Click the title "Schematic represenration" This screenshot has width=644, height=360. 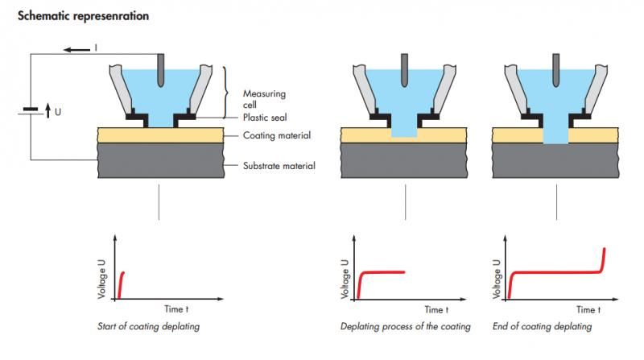pos(83,16)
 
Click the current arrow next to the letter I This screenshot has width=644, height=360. pos(76,50)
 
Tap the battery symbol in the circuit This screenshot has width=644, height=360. pos(31,111)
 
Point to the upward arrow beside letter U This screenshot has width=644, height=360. pos(48,110)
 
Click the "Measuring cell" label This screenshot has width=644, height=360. pos(264,99)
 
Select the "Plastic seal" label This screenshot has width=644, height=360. pos(265,118)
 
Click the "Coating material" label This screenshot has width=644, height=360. pos(277,135)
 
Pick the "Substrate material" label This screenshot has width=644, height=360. pos(279,166)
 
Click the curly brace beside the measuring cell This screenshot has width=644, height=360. pos(226,93)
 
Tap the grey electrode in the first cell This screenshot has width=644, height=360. pos(160,70)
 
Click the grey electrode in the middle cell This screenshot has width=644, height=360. pos(405,70)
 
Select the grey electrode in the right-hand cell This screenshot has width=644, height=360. pos(556,70)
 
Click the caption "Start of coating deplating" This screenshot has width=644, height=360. pos(148,326)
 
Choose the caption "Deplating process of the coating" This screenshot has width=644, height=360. pos(406,326)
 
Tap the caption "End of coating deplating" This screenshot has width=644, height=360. pos(542,326)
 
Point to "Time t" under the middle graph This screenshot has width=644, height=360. pos(436,309)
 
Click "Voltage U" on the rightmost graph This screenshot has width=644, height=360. pos(497,279)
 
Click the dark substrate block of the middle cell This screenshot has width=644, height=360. pos(404,160)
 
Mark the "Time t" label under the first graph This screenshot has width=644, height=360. pos(176,308)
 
